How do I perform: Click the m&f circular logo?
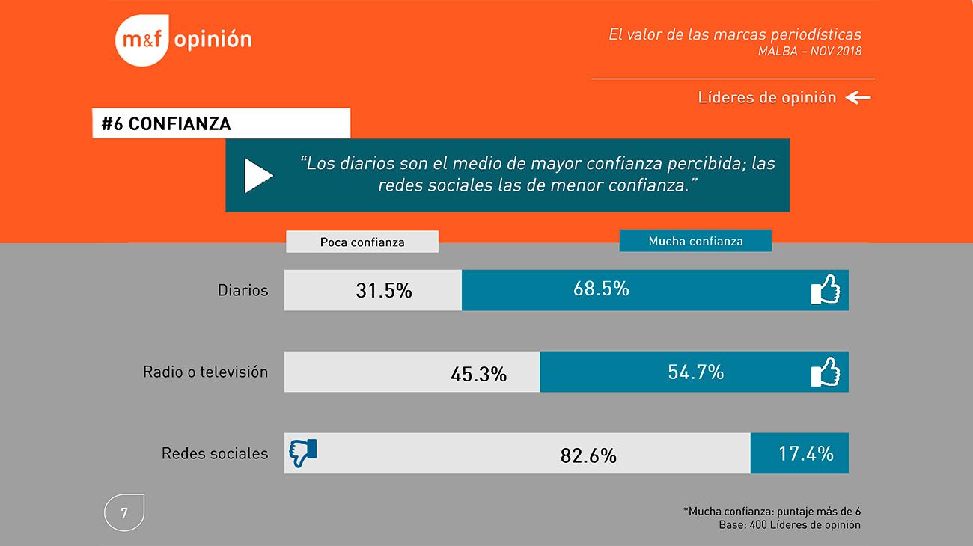[142, 40]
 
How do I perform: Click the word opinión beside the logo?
[213, 40]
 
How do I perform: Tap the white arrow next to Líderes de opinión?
[858, 97]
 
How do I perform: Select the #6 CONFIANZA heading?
[166, 124]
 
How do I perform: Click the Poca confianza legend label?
[362, 242]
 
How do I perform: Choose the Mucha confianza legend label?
[695, 241]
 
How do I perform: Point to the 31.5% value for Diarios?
[383, 290]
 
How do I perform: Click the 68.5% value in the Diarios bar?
[601, 289]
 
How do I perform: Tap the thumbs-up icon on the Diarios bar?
[825, 289]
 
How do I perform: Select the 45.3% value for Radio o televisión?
[478, 373]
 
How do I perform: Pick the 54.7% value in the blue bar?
[695, 372]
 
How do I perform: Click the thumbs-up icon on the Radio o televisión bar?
[825, 372]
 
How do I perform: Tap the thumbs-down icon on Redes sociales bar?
[303, 453]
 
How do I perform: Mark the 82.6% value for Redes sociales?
[588, 455]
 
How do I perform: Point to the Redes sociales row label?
[214, 453]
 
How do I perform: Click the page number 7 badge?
[123, 513]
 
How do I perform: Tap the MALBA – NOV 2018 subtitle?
[809, 52]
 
